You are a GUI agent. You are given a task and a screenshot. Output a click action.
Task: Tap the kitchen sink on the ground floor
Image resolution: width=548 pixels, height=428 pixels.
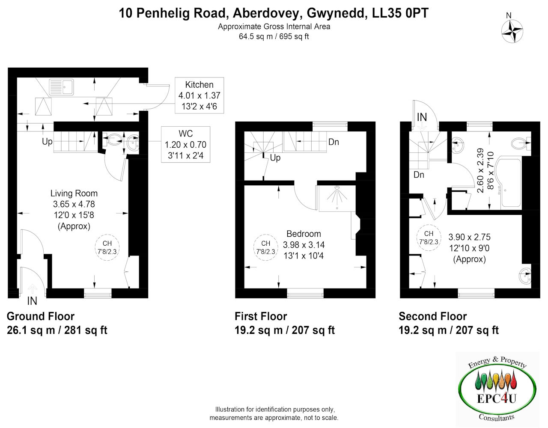coord(61,87)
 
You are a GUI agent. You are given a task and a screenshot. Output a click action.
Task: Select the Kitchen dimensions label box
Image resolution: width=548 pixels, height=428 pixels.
coord(199,95)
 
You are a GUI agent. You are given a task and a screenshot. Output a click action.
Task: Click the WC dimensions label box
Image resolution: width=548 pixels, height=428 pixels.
coord(186,144)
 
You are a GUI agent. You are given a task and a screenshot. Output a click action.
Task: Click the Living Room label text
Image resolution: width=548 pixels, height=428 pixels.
coord(74,193)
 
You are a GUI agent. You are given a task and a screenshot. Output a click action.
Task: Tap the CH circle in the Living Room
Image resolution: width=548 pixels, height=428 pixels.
coord(107,247)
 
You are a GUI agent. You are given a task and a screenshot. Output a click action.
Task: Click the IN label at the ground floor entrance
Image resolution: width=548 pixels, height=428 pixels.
coord(32,301)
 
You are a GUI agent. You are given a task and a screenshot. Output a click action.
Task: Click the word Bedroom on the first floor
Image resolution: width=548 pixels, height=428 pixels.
coord(304,234)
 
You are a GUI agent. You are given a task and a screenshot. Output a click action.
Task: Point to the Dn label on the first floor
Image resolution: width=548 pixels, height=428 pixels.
coord(334,142)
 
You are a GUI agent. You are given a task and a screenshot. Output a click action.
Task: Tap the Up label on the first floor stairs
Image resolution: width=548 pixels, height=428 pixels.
coord(275,158)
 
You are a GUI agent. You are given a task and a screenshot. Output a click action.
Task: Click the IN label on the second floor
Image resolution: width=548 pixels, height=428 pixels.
coord(422,117)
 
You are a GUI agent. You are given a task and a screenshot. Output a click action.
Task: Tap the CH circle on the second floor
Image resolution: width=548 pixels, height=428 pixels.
coord(429,238)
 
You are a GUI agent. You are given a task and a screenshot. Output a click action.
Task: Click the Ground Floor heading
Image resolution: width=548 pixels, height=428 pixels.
coord(41,316)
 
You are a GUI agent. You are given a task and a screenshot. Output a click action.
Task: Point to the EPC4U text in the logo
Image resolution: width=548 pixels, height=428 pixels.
coord(496,398)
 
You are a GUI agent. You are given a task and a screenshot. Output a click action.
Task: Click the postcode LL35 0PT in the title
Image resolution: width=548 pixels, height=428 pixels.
coord(400,13)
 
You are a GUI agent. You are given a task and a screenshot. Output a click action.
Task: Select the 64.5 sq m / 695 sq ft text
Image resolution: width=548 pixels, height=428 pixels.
coord(274,36)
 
